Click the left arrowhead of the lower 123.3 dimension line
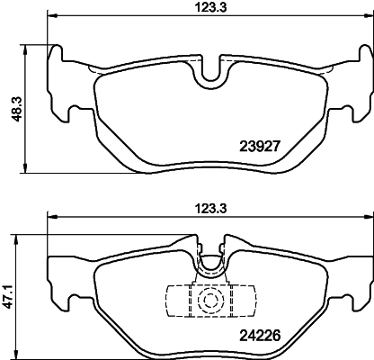(x=51, y=216)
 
